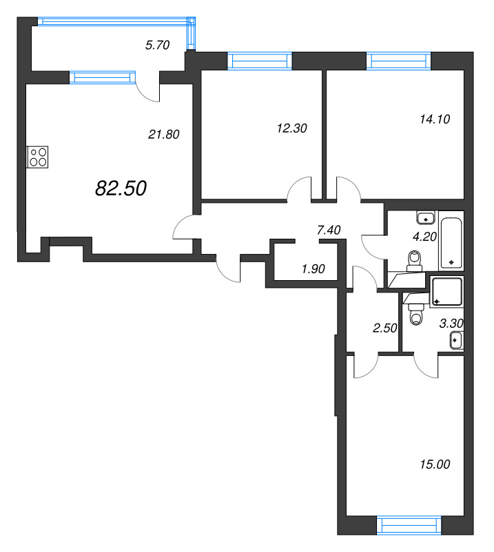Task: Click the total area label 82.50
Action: click(121, 188)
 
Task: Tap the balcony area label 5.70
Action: click(158, 45)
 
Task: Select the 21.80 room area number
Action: click(164, 134)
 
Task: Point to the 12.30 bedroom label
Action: click(292, 128)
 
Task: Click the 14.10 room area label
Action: click(435, 119)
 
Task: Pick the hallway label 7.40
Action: click(329, 230)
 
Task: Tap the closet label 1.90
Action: click(313, 269)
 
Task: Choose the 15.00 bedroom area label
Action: click(435, 464)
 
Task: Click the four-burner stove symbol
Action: click(38, 157)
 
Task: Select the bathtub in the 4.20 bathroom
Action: click(451, 243)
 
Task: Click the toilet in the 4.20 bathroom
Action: click(415, 262)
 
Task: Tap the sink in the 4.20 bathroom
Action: click(426, 217)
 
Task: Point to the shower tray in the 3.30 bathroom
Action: click(447, 291)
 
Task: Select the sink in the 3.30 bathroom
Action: click(456, 340)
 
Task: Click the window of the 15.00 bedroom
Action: click(409, 526)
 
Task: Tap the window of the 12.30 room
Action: click(260, 61)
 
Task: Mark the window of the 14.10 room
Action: click(399, 61)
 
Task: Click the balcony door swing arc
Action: click(144, 94)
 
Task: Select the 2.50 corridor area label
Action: click(384, 328)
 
